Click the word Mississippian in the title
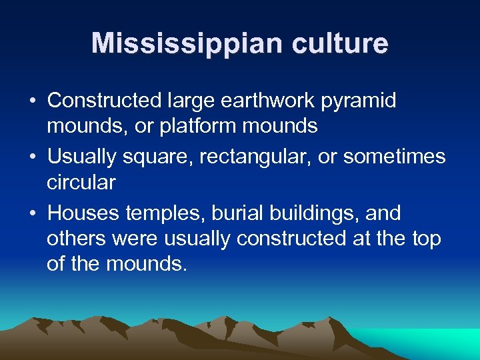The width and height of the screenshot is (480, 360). click(174, 44)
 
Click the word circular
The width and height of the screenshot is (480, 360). click(81, 181)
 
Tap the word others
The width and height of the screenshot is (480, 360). click(77, 238)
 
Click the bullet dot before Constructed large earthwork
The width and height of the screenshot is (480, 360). click(33, 101)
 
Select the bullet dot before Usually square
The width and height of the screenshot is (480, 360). click(33, 157)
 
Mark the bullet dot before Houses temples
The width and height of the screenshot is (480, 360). click(33, 214)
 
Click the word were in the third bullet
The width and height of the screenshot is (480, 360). click(138, 238)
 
